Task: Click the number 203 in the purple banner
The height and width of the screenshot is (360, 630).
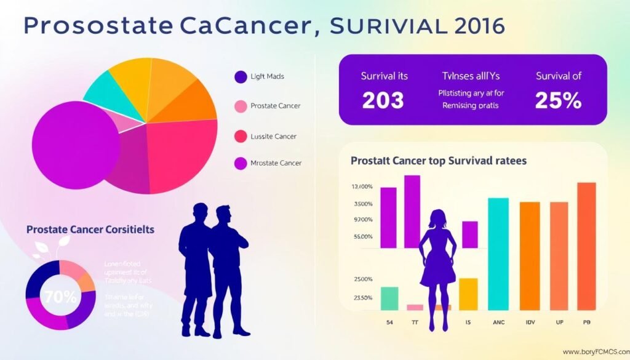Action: tap(383, 100)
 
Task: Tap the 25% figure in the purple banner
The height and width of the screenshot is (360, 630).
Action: tap(558, 100)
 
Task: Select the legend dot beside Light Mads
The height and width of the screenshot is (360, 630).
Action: tap(240, 77)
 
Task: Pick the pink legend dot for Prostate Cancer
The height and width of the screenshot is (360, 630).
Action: tap(240, 106)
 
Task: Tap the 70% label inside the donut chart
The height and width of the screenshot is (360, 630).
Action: tap(60, 297)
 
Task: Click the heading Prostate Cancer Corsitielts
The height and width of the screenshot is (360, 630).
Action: tap(90, 229)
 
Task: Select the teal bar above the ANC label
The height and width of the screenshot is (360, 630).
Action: tap(498, 254)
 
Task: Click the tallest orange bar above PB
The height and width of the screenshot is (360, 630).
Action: tap(586, 246)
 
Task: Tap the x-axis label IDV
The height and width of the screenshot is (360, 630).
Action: tap(530, 321)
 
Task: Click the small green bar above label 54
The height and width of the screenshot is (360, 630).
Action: tap(389, 298)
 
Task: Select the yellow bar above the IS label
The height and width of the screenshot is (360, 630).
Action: tap(468, 294)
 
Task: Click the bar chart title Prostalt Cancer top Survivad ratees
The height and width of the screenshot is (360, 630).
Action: tap(438, 161)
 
